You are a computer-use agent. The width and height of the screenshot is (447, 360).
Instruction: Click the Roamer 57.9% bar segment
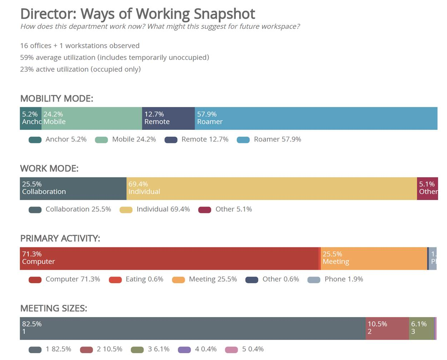tap(316, 118)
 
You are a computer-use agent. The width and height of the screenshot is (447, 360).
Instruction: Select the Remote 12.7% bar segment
tap(168, 118)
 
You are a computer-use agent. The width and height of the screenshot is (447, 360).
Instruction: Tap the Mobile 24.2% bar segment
tap(92, 118)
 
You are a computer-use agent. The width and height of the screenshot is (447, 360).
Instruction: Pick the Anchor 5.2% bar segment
tap(31, 118)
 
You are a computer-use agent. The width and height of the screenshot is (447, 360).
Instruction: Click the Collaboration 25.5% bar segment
tap(73, 189)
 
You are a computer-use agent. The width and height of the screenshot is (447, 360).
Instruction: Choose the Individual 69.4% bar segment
tap(272, 189)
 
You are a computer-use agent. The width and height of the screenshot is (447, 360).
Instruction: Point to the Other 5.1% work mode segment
tap(427, 189)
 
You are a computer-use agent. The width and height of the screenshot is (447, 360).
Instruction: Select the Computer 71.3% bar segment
tap(169, 258)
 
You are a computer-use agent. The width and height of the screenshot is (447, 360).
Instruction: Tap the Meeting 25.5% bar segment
tap(374, 258)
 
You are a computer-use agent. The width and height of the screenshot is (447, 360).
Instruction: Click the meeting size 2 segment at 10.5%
tap(387, 329)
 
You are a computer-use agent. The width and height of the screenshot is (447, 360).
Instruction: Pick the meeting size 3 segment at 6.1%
tap(421, 329)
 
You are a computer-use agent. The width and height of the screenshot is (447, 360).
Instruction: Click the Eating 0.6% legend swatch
tap(115, 280)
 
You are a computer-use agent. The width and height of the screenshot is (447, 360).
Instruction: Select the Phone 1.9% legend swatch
tap(314, 280)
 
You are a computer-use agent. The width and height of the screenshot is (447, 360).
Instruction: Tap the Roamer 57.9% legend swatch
tap(243, 140)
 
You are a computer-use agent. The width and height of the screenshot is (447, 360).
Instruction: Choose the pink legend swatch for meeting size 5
tap(231, 350)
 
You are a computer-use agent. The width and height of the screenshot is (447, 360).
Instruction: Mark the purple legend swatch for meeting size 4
tap(185, 350)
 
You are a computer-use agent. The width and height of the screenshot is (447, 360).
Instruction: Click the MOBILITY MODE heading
tap(57, 99)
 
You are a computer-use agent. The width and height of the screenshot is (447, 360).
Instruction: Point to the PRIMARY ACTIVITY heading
tap(60, 239)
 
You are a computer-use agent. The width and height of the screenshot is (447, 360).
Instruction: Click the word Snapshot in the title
tap(224, 14)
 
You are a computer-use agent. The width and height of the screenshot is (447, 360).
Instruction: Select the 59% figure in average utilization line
tap(26, 58)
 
